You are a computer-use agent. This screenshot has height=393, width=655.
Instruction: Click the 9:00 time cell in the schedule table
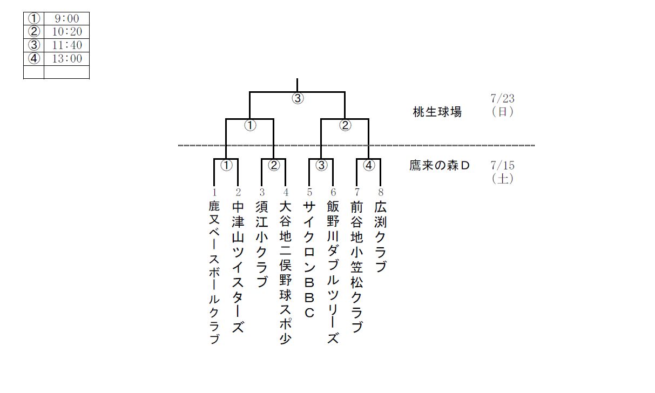(x=66, y=19)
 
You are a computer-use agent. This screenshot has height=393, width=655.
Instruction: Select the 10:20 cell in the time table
(x=66, y=32)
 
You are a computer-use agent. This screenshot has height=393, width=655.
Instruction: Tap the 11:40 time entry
(x=66, y=45)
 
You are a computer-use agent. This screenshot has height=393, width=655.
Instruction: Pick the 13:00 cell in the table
(x=66, y=58)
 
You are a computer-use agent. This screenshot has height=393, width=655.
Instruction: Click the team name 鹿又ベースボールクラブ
(x=214, y=273)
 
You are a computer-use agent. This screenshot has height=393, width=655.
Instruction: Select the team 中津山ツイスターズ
(x=238, y=268)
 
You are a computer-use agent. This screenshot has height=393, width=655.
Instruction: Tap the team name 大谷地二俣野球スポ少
(x=286, y=273)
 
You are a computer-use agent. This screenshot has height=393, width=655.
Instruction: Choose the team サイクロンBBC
(x=309, y=259)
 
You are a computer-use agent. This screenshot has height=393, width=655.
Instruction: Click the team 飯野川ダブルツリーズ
(x=333, y=273)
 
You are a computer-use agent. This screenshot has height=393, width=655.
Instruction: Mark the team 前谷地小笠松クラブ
(x=357, y=268)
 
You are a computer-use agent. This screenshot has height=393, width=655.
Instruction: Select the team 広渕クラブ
(x=381, y=238)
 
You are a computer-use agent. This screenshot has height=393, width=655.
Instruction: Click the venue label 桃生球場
(x=437, y=112)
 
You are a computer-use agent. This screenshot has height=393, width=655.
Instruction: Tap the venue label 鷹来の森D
(x=440, y=166)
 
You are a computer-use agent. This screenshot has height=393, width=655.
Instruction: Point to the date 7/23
(x=503, y=98)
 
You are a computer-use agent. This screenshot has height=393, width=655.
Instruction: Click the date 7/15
(x=503, y=165)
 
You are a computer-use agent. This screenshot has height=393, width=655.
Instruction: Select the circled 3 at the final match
(x=298, y=99)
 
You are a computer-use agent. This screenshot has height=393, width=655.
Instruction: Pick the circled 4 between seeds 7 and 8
(x=369, y=166)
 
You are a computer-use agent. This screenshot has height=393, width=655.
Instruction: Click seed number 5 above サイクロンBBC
(x=309, y=192)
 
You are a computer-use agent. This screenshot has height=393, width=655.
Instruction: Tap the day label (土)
(x=502, y=178)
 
